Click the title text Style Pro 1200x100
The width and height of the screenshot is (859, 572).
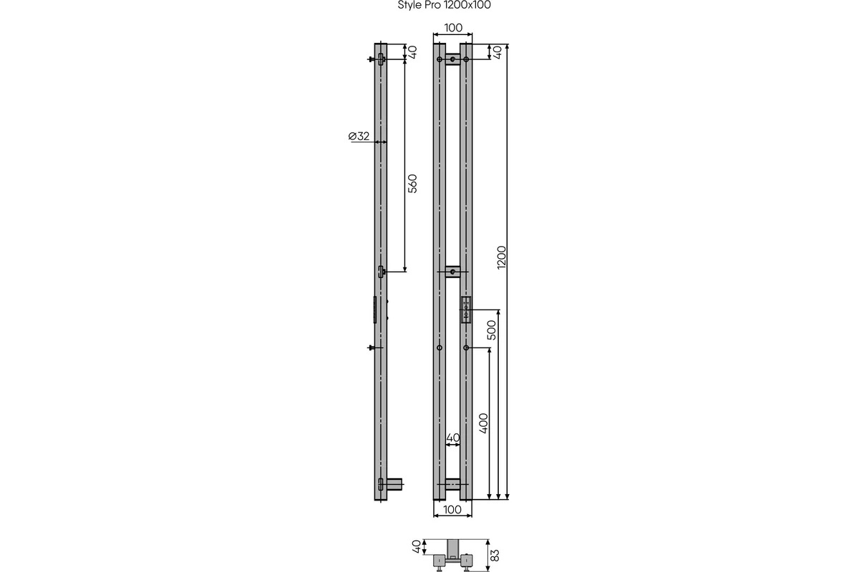pyautogui.click(x=444, y=5)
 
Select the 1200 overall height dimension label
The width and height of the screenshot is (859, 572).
pyautogui.click(x=502, y=257)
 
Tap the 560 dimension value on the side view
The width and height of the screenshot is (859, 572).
pyautogui.click(x=412, y=184)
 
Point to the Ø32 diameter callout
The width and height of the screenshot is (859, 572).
pyautogui.click(x=359, y=136)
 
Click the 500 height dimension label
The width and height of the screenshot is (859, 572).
pyautogui.click(x=491, y=330)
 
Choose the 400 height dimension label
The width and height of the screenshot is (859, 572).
pyautogui.click(x=484, y=423)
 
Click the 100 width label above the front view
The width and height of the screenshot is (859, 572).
pyautogui.click(x=453, y=28)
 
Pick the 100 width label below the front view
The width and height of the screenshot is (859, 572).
pyautogui.click(x=452, y=510)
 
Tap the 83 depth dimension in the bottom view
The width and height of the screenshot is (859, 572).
pyautogui.click(x=495, y=556)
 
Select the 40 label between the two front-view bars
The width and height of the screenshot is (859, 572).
pyautogui.click(x=453, y=438)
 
